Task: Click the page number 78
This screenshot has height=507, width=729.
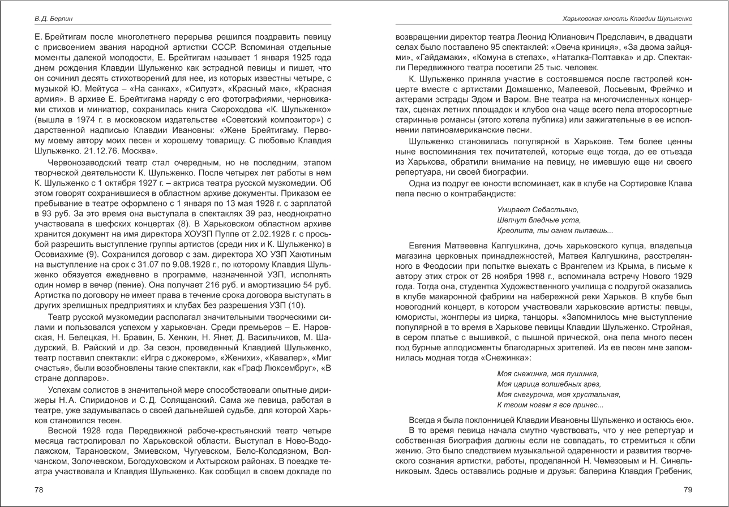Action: [x=39, y=490]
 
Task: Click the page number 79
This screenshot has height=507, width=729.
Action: [x=688, y=490]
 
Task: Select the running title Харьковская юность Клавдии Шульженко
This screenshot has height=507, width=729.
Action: [x=627, y=19]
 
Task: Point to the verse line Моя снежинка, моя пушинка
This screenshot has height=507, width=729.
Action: [x=547, y=374]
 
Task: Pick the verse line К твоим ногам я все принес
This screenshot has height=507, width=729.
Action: [x=550, y=405]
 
